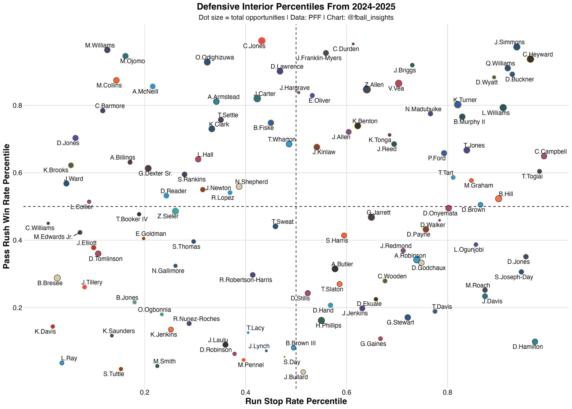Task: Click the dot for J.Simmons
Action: pos(517,47)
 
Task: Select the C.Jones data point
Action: pos(262,41)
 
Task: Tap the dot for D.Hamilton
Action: pos(535,342)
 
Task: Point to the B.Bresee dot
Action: pos(57,278)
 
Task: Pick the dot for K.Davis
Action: pos(53,327)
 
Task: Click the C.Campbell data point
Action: pos(544,156)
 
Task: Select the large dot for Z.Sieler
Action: pos(175,211)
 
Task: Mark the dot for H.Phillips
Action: pos(321,320)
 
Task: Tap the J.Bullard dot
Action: pos(303,372)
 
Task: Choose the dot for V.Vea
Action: pos(399,83)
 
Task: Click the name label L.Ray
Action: pos(69,358)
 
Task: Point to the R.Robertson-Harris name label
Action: pos(246,280)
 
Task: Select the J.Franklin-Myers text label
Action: pos(319,58)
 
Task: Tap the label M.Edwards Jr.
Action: pos(53,237)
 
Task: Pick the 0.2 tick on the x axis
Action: pos(144,393)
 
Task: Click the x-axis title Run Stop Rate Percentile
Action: pos(296,401)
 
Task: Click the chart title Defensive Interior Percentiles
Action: pos(296,7)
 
